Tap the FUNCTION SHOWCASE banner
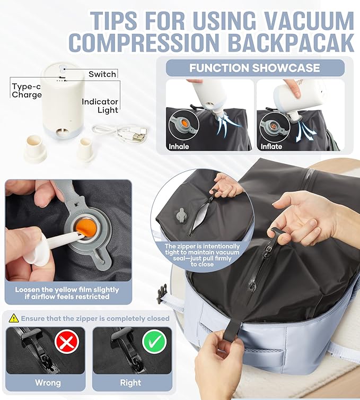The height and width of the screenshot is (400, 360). [x=254, y=68]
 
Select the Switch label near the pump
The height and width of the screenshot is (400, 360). [x=102, y=74]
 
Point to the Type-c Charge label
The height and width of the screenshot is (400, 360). [x=27, y=91]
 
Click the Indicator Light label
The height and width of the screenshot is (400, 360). [x=100, y=106]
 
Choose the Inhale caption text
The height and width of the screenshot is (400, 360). [x=179, y=146]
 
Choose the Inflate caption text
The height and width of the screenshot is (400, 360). [x=271, y=146]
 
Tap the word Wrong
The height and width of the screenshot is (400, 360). [x=48, y=382]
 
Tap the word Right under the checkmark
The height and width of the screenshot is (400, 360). [x=130, y=382]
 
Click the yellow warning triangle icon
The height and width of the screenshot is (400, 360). [x=13, y=318]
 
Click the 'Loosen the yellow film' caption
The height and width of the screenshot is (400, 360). [x=67, y=293]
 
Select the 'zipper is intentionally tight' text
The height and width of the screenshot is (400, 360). [x=201, y=255]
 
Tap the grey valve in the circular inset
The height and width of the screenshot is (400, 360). [x=181, y=215]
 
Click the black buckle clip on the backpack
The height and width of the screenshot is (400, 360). [x=161, y=293]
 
